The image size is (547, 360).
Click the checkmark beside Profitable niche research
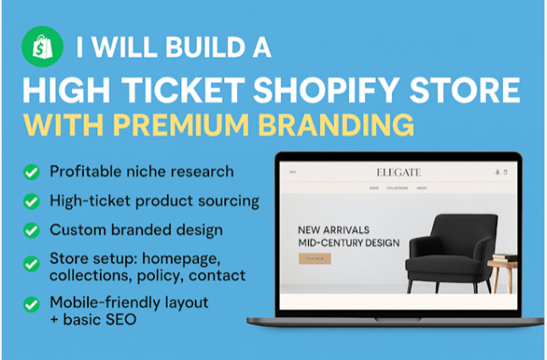click(31, 172)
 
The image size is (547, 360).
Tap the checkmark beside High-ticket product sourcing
click(31, 202)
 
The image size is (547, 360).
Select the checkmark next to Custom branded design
click(31, 230)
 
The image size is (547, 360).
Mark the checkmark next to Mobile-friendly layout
click(31, 302)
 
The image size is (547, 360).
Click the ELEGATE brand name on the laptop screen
click(397, 173)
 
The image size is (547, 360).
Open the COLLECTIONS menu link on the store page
click(396, 188)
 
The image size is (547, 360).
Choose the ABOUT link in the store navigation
click(421, 188)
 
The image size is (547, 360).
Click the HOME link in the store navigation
click(373, 188)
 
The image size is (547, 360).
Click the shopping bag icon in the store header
click(505, 173)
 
